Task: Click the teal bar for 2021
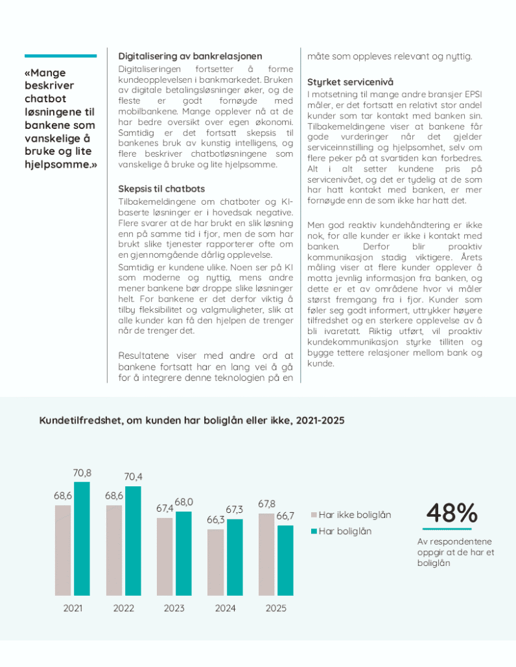[82, 538]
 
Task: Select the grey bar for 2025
[266, 554]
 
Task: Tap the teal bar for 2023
[183, 553]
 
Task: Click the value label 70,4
[133, 477]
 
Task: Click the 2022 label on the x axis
[124, 608]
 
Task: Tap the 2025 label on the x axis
[276, 608]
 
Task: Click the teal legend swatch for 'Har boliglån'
[314, 531]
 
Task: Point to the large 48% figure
[452, 513]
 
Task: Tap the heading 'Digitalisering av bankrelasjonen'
[190, 56]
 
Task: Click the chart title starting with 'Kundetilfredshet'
[192, 420]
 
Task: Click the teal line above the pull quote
[60, 56]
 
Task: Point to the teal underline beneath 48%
[452, 529]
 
